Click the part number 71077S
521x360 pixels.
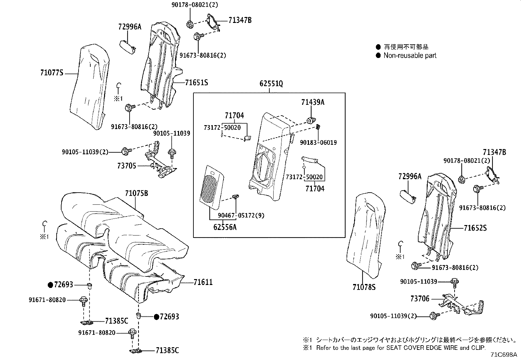coord(51,73)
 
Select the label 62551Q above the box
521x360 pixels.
coord(271,84)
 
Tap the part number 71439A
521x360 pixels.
coord(313,103)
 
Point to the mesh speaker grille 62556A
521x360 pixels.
coord(211,187)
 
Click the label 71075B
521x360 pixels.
coord(136,194)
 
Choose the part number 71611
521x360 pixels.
coord(203,282)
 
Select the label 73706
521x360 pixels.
coord(420,299)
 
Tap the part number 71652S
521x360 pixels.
coord(475,228)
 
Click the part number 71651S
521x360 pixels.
coord(196,83)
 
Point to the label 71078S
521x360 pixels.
coord(364,287)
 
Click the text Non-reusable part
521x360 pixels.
coord(410,56)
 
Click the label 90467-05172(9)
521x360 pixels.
coord(241,216)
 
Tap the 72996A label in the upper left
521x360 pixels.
coord(130,27)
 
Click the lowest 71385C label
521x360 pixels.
coord(168,351)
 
